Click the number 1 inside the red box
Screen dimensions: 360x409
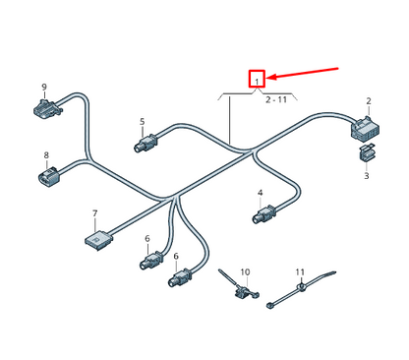[x=257, y=80]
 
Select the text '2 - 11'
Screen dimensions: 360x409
[x=277, y=99]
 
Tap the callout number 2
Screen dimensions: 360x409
[x=368, y=101]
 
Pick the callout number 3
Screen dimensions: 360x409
[x=366, y=176]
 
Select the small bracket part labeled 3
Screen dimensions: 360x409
[x=367, y=153]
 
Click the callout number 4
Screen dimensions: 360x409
[x=260, y=193]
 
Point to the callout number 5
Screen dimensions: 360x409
[x=142, y=122]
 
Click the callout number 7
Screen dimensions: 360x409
[x=94, y=213]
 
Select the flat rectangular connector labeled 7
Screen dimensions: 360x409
[x=96, y=237]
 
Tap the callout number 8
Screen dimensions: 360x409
[x=45, y=155]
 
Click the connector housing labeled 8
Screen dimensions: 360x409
[x=49, y=179]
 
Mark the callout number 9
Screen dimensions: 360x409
[x=44, y=88]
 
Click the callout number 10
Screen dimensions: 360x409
[x=245, y=271]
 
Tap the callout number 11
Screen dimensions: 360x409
[x=300, y=271]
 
